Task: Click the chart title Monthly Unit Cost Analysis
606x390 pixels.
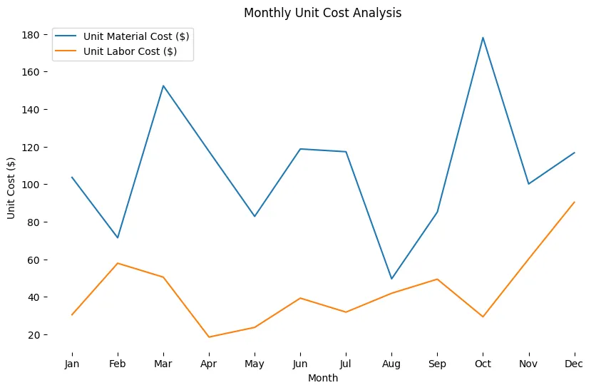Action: click(x=322, y=13)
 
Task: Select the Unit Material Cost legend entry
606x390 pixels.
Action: click(x=135, y=36)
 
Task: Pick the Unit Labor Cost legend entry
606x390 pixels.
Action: click(x=130, y=51)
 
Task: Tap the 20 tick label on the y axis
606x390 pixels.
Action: click(x=41, y=335)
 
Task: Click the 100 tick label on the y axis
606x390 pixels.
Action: click(x=38, y=185)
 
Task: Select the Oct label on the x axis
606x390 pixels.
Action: click(x=483, y=364)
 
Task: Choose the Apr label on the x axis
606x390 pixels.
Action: click(x=209, y=364)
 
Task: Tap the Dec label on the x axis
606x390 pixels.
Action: click(x=574, y=364)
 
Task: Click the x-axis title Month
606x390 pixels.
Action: click(x=322, y=379)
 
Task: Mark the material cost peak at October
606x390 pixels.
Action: click(x=483, y=38)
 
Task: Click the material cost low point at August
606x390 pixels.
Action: click(x=391, y=279)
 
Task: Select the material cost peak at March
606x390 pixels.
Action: click(x=163, y=86)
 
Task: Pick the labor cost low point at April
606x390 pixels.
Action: click(x=209, y=337)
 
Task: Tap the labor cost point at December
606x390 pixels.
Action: click(x=574, y=202)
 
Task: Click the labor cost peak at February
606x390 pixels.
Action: click(x=118, y=263)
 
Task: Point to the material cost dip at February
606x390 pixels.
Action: click(x=118, y=237)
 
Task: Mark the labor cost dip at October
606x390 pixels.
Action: click(x=483, y=317)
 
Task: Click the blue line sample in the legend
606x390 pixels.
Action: click(x=67, y=36)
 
